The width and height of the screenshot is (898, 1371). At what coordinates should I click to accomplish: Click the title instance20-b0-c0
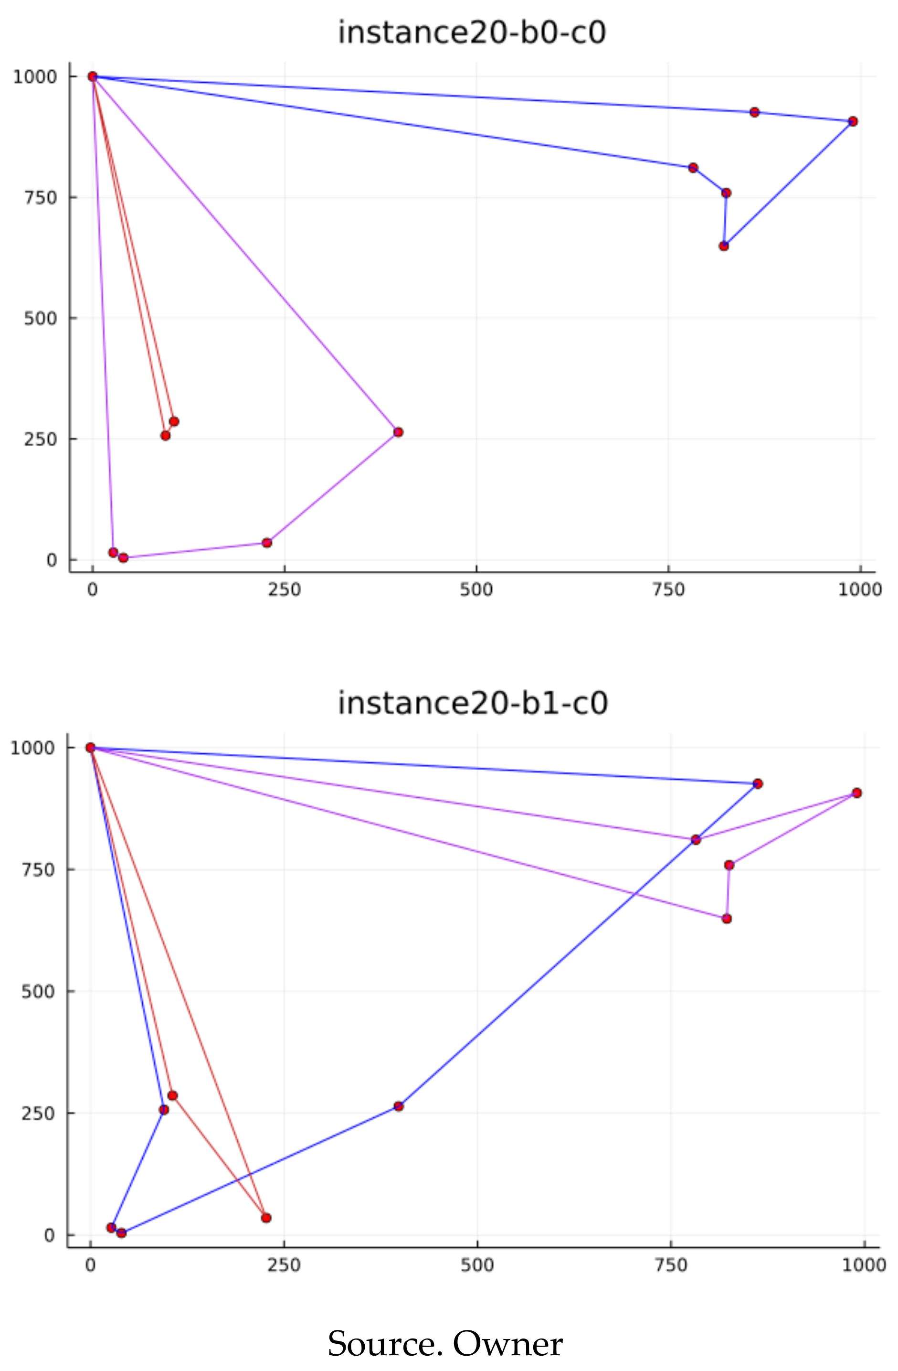[x=472, y=32]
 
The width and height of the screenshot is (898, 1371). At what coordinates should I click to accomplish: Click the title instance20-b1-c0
[x=473, y=703]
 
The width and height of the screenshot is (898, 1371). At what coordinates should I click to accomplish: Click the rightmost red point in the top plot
[x=853, y=121]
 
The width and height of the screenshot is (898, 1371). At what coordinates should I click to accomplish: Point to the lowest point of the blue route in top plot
[x=724, y=246]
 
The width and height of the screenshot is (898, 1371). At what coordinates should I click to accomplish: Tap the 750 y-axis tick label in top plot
[x=41, y=198]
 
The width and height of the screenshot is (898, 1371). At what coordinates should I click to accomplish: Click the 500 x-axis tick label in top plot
[x=476, y=590]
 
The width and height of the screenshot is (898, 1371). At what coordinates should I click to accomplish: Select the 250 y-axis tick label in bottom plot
[x=39, y=1114]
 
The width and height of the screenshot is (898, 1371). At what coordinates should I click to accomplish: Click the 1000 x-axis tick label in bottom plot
[x=864, y=1265]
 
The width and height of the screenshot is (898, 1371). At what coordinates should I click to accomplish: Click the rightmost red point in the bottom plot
[x=856, y=793]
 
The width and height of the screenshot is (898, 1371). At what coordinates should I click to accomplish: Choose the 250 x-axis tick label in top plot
[x=285, y=590]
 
